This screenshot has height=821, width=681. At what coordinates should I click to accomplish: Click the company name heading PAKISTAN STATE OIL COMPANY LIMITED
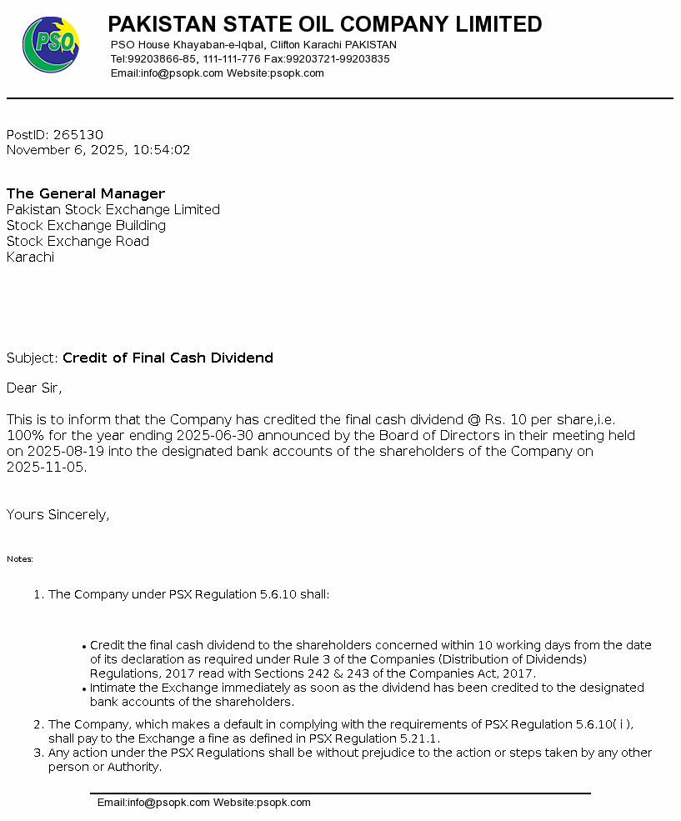pyautogui.click(x=325, y=24)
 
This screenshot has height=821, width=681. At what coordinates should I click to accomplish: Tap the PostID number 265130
pyautogui.click(x=78, y=135)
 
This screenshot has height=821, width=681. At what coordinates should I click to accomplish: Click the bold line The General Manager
pyautogui.click(x=86, y=194)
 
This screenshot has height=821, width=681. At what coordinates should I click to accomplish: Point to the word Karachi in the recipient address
pyautogui.click(x=30, y=258)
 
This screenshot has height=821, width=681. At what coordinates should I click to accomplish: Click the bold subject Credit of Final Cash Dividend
pyautogui.click(x=168, y=358)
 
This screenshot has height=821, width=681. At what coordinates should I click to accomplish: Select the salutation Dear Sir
pyautogui.click(x=33, y=388)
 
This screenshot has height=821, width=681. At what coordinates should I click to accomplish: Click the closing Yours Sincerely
pyautogui.click(x=58, y=515)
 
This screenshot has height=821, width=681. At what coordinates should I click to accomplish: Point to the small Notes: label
pyautogui.click(x=20, y=559)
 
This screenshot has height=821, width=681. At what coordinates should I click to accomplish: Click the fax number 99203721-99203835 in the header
pyautogui.click(x=338, y=59)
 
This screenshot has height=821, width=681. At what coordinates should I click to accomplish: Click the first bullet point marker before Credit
pyautogui.click(x=84, y=646)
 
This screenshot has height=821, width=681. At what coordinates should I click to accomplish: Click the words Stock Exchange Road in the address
pyautogui.click(x=78, y=242)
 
